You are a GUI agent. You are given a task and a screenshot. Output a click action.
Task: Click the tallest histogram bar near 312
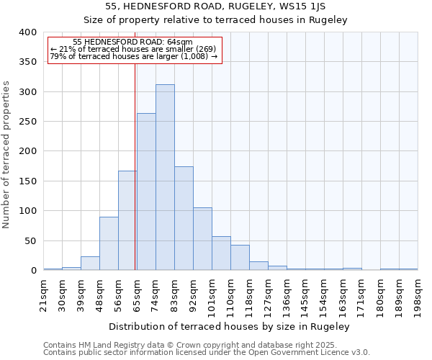[x=165, y=177]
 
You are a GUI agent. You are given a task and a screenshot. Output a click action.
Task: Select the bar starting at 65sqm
[x=146, y=192]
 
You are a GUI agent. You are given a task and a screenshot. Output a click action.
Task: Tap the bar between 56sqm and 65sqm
[x=127, y=220]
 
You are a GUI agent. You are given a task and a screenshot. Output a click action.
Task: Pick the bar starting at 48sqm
[x=109, y=243]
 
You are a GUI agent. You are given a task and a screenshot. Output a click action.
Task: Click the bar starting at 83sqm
[x=184, y=218]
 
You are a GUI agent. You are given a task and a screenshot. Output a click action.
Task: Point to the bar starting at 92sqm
[x=202, y=239]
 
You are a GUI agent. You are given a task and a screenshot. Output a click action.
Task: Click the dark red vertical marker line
[x=135, y=158]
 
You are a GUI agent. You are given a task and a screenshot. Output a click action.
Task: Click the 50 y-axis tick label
[x=30, y=240]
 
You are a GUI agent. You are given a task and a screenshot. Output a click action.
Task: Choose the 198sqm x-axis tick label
[x=418, y=294]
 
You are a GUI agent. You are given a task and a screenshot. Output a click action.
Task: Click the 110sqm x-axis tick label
[x=230, y=294]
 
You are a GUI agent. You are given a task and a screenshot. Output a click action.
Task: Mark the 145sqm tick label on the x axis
[x=306, y=294]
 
